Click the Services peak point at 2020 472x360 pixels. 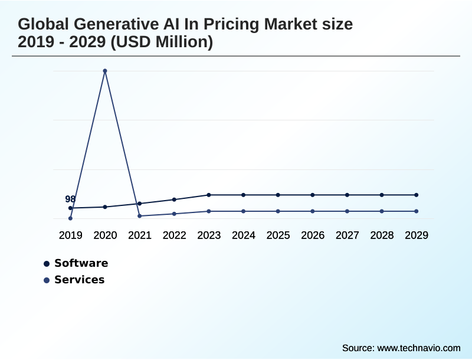coord(105,71)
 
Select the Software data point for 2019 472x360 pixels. coord(70,208)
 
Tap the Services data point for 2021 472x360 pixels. coord(139,216)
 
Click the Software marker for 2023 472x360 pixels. coord(209,195)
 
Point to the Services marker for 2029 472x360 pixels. coord(416,211)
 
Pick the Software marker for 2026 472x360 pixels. coord(313,195)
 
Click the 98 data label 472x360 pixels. coord(70,199)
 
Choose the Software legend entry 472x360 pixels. coord(81,263)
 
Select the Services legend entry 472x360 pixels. coord(79,280)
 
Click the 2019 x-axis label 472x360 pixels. coord(70,235)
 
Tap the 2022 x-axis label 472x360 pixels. coord(174,235)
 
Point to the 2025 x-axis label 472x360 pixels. coord(278,235)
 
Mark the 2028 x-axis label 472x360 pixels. coord(382,235)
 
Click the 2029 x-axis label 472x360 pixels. coord(416,235)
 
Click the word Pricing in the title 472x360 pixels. coord(232,25)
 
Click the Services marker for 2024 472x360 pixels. coord(243,211)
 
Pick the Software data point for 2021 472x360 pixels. coord(139,204)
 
